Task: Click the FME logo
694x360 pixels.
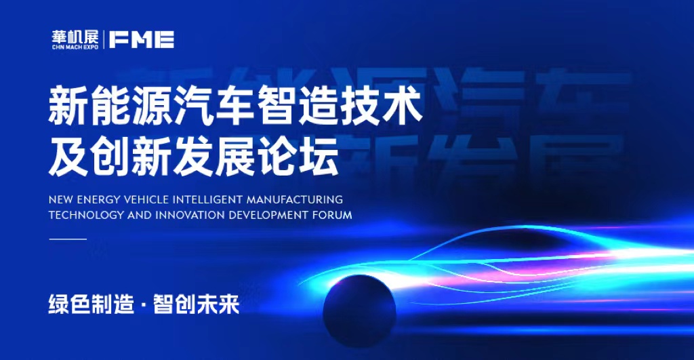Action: [x=142, y=39]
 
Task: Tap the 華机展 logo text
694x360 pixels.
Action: [x=75, y=37]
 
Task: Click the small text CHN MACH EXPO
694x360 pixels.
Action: [x=75, y=47]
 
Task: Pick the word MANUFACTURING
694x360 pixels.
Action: [x=295, y=199]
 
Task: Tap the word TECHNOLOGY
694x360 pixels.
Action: [x=86, y=215]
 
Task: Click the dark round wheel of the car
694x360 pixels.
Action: [x=359, y=311]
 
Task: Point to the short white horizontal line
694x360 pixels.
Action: [x=68, y=239]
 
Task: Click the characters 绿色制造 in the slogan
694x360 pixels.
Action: [x=91, y=304]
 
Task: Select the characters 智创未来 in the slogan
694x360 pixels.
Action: [x=196, y=304]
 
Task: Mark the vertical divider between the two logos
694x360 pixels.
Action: [x=104, y=39]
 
